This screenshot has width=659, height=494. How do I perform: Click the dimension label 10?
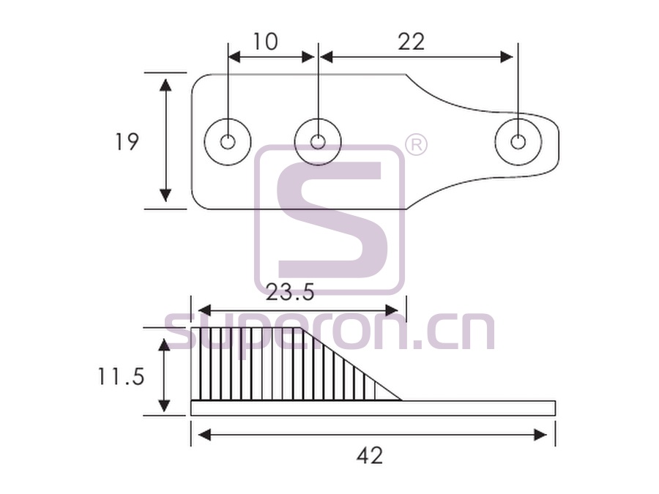pyautogui.click(x=265, y=42)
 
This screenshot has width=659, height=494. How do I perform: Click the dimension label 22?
pyautogui.click(x=411, y=42)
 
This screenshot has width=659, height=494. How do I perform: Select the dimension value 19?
pyautogui.click(x=127, y=141)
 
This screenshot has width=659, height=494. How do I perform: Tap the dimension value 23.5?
pyautogui.click(x=290, y=292)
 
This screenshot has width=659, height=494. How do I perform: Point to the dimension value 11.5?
pyautogui.click(x=121, y=376)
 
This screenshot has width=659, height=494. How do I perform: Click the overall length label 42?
pyautogui.click(x=370, y=455)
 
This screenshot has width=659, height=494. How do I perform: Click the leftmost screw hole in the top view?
pyautogui.click(x=228, y=142)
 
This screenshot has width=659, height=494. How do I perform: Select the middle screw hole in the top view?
pyautogui.click(x=319, y=141)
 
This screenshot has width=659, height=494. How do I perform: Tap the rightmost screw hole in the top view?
pyautogui.click(x=518, y=142)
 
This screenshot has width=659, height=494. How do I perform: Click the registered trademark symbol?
pyautogui.click(x=416, y=145)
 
